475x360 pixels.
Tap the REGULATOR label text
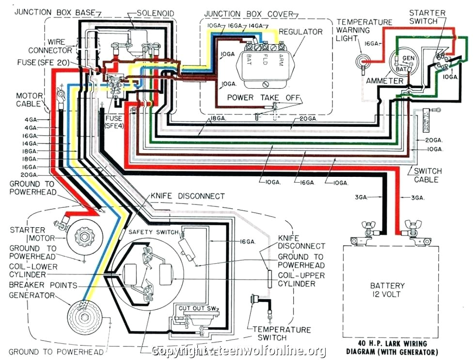click(x=301, y=31)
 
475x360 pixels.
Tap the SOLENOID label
click(x=155, y=13)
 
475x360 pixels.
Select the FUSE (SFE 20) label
click(x=43, y=63)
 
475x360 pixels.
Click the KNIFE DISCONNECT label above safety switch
click(x=188, y=196)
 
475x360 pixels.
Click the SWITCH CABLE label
click(x=427, y=175)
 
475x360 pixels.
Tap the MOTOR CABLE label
click(x=32, y=100)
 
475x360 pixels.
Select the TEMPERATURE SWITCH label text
click(x=282, y=334)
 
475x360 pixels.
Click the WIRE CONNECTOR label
click(x=50, y=46)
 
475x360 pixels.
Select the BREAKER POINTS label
click(x=43, y=285)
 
